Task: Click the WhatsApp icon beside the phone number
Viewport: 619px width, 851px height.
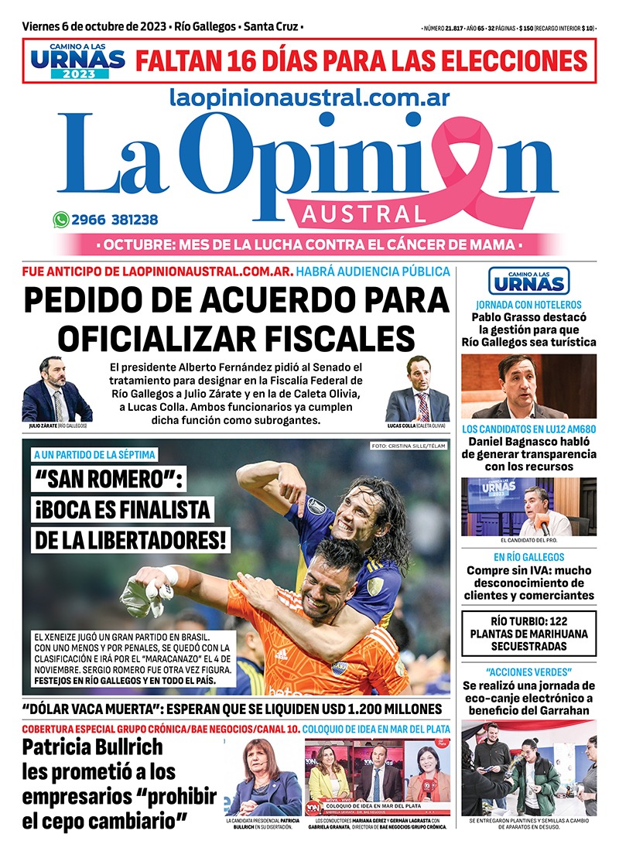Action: (61, 220)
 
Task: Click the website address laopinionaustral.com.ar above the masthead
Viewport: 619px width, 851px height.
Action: (309, 97)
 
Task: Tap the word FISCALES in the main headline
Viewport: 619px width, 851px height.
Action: (325, 337)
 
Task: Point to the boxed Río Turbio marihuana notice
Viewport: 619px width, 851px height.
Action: (529, 633)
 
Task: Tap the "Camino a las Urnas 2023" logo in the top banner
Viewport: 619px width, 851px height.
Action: (76, 60)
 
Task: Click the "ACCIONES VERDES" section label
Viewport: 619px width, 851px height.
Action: (529, 670)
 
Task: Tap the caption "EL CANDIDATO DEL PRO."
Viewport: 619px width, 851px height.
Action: (529, 540)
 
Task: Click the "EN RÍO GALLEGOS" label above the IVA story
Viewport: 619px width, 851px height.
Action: (529, 557)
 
